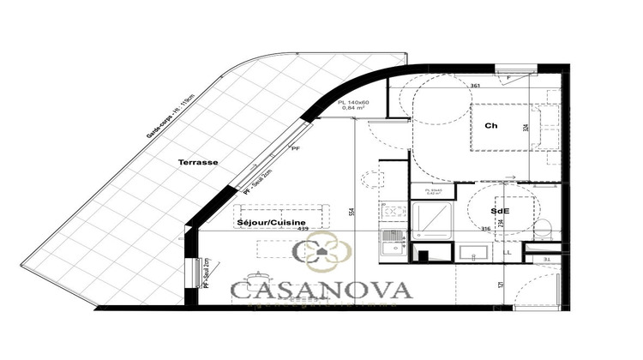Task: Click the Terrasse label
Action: [x=197, y=161]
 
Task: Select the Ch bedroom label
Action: [x=491, y=126]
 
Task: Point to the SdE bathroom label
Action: [x=501, y=210]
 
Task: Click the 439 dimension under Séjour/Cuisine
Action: [x=302, y=229]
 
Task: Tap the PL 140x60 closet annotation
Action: [x=353, y=102]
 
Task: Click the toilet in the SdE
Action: [x=542, y=229]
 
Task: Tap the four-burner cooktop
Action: [x=394, y=212]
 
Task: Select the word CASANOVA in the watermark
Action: [x=321, y=290]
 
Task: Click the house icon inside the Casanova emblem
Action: [x=321, y=252]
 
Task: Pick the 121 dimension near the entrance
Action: [x=501, y=285]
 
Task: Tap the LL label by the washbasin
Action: [x=508, y=252]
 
